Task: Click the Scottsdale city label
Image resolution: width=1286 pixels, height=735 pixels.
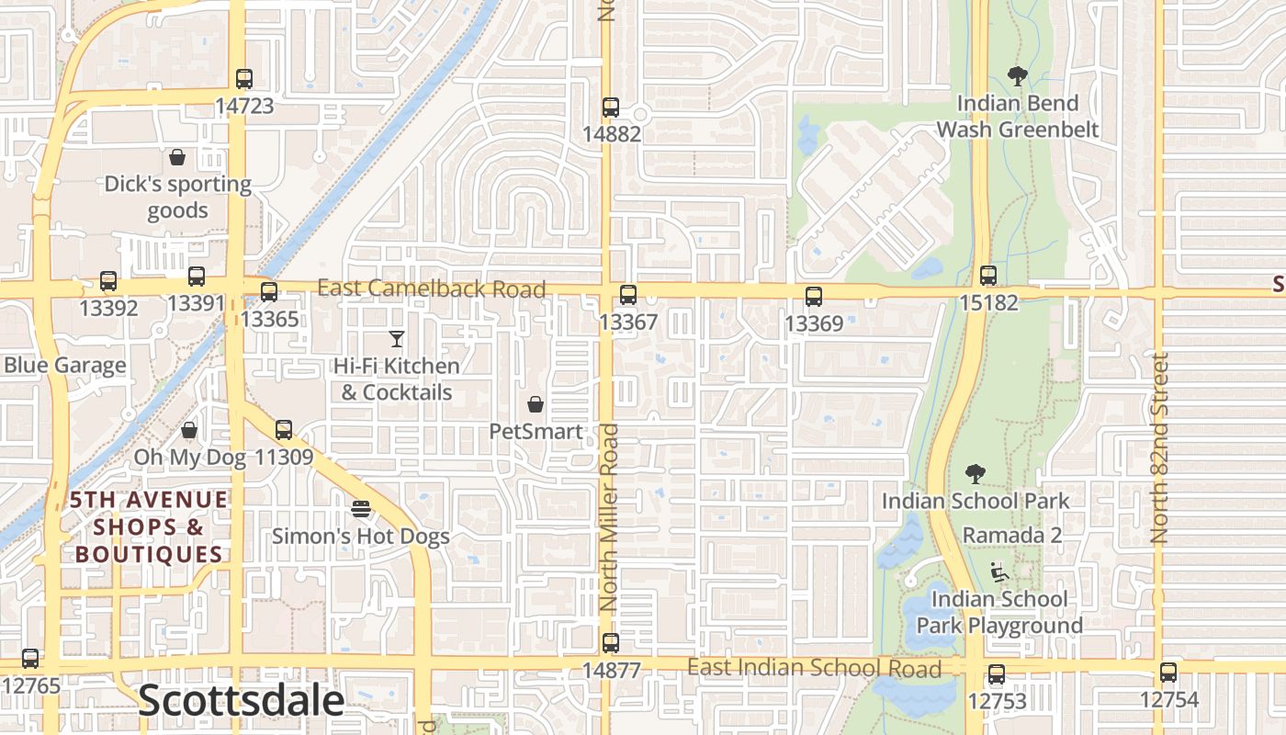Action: [x=241, y=701]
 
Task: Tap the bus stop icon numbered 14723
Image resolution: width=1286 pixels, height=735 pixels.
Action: [x=243, y=79]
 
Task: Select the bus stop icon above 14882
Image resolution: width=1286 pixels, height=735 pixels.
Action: [x=611, y=107]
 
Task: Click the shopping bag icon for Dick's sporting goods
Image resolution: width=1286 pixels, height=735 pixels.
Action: [x=177, y=157]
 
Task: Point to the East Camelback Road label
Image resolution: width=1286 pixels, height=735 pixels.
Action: [x=432, y=288]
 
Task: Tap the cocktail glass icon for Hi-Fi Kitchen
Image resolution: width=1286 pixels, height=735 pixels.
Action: [x=397, y=339]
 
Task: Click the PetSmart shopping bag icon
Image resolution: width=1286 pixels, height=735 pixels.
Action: [x=536, y=404]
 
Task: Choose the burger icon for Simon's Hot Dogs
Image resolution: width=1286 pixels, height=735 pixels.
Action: [x=361, y=509]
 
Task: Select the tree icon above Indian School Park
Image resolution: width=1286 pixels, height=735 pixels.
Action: [x=976, y=474]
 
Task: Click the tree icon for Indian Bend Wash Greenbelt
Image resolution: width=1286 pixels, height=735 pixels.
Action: [x=1017, y=76]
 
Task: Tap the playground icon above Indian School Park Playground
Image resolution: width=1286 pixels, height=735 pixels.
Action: [x=999, y=572]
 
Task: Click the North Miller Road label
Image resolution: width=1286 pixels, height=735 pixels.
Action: [x=609, y=518]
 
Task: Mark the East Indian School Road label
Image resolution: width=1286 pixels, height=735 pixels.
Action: [x=814, y=668]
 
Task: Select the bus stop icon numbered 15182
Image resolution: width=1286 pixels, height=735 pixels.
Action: [x=988, y=275]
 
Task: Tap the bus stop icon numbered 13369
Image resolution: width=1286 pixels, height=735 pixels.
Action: [x=814, y=297]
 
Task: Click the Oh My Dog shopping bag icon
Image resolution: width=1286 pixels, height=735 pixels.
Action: [x=189, y=430]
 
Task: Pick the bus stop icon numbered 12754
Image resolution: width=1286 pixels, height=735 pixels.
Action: [x=1168, y=673]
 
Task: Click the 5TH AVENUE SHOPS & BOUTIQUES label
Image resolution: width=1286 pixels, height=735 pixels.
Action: [x=149, y=527]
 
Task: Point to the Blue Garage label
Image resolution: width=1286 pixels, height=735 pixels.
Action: [x=64, y=366]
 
